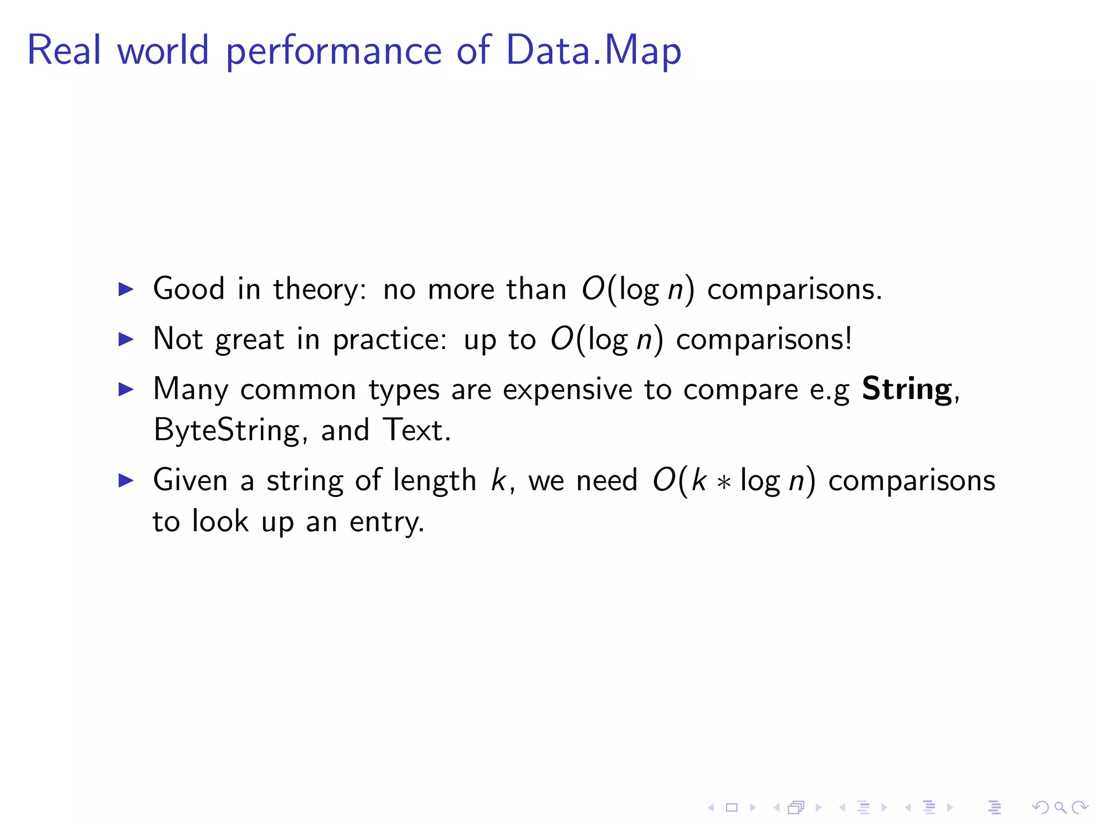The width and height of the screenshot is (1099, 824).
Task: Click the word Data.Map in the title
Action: (593, 50)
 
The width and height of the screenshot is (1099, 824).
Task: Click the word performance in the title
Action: (333, 51)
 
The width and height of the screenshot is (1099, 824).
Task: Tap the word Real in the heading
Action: (64, 50)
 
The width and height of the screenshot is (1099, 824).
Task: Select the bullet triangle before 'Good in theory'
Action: (126, 290)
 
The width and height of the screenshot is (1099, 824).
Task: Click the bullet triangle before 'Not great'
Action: (126, 339)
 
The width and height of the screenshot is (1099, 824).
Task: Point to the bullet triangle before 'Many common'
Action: (126, 389)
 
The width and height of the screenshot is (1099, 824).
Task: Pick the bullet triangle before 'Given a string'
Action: (126, 480)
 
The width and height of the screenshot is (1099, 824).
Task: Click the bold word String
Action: (907, 389)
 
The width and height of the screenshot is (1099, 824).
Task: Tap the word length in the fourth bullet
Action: (434, 480)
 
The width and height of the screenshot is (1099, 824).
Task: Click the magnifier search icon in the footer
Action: (1059, 807)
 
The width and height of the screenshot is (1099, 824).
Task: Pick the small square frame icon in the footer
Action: (731, 807)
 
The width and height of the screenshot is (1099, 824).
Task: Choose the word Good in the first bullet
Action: (188, 289)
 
